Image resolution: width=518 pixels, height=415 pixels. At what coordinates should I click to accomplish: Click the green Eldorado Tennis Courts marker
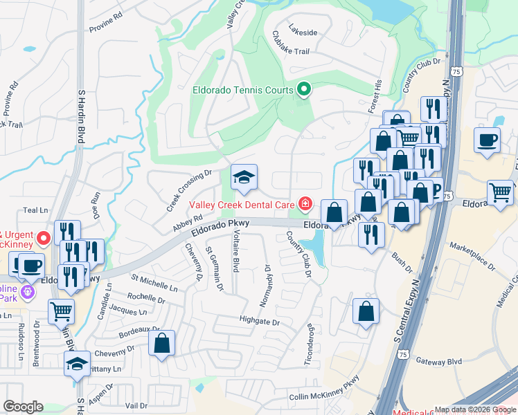pos(303,89)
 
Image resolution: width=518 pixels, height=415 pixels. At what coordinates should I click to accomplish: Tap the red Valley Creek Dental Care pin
pos(304,203)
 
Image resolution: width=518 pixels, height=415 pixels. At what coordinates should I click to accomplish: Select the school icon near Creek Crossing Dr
pos(243,178)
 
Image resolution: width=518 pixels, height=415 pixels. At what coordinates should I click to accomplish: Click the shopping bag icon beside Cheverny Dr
pos(161,343)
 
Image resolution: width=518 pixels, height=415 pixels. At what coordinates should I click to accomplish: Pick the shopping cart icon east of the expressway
pos(501,193)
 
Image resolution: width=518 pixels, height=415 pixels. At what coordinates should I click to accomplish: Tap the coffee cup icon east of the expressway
pos(488,140)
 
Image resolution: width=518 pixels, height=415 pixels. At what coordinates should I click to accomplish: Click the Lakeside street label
pos(303,33)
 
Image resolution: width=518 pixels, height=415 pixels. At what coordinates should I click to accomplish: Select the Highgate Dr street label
pos(258,322)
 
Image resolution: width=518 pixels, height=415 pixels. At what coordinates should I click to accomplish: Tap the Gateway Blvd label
pos(439,361)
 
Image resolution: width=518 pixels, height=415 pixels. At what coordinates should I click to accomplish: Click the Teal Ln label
pos(36,210)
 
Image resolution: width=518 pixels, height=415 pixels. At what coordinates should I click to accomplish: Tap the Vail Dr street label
pos(137,405)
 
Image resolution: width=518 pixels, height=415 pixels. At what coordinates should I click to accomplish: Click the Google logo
pos(23,407)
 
